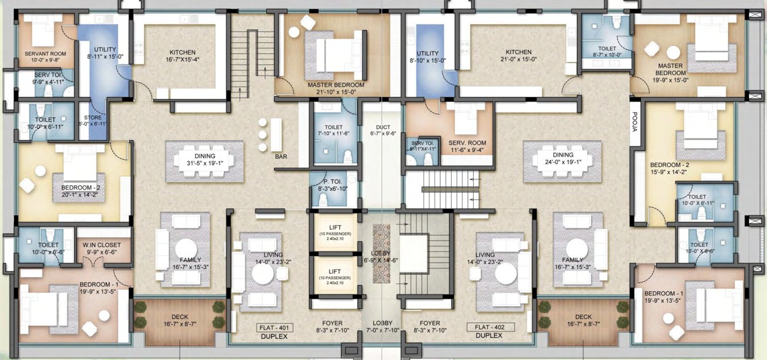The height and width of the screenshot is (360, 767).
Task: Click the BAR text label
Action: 281,156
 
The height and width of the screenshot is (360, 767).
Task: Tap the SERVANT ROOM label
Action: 45,54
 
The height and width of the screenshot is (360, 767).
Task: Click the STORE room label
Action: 92,118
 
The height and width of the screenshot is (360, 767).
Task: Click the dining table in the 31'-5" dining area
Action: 204,161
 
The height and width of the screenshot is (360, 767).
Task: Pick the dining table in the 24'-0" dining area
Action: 563,161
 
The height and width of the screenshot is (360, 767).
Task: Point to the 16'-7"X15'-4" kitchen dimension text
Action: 183,59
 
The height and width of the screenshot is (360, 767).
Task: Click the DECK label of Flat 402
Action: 583,317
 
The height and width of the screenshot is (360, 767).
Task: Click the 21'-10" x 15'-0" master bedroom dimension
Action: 336,91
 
